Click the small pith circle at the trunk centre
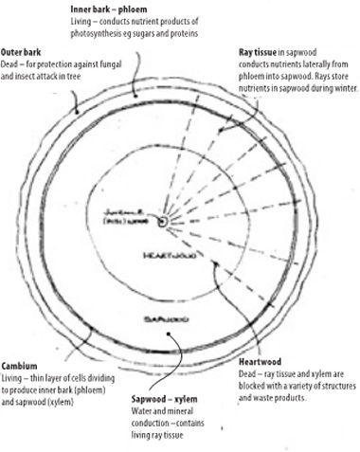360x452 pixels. coord(164,221)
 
